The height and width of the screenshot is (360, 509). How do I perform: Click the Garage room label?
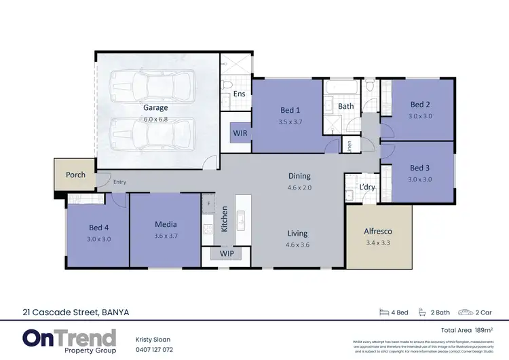[155, 107]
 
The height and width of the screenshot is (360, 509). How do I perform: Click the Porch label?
[75, 175]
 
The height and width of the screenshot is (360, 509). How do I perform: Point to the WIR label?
[240, 133]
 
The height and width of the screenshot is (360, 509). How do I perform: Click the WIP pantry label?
[226, 254]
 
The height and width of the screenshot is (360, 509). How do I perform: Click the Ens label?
[239, 94]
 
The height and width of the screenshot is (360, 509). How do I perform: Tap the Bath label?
[346, 106]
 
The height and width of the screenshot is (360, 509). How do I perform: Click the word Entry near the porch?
[119, 182]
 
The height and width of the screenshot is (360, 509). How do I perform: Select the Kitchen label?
[225, 219]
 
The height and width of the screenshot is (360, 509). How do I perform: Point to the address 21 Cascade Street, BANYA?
[75, 312]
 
